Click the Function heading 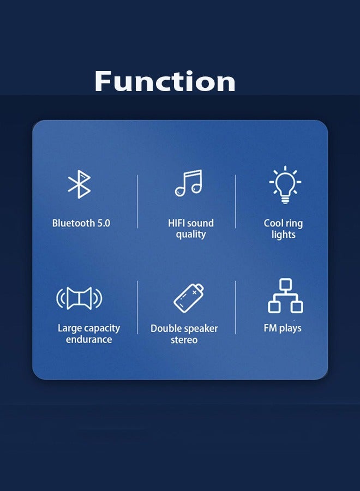(x=165, y=82)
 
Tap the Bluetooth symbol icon (x=80, y=184)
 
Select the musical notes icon (x=189, y=183)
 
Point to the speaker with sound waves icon (x=80, y=298)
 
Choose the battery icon (x=189, y=298)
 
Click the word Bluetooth (x=72, y=223)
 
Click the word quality (x=191, y=235)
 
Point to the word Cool (x=274, y=223)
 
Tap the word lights (x=284, y=235)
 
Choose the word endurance (x=89, y=339)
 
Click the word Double (x=166, y=328)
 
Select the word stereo (x=184, y=340)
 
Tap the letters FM (x=271, y=328)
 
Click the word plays (x=291, y=328)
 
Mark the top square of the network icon (x=285, y=284)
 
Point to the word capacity (x=101, y=328)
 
